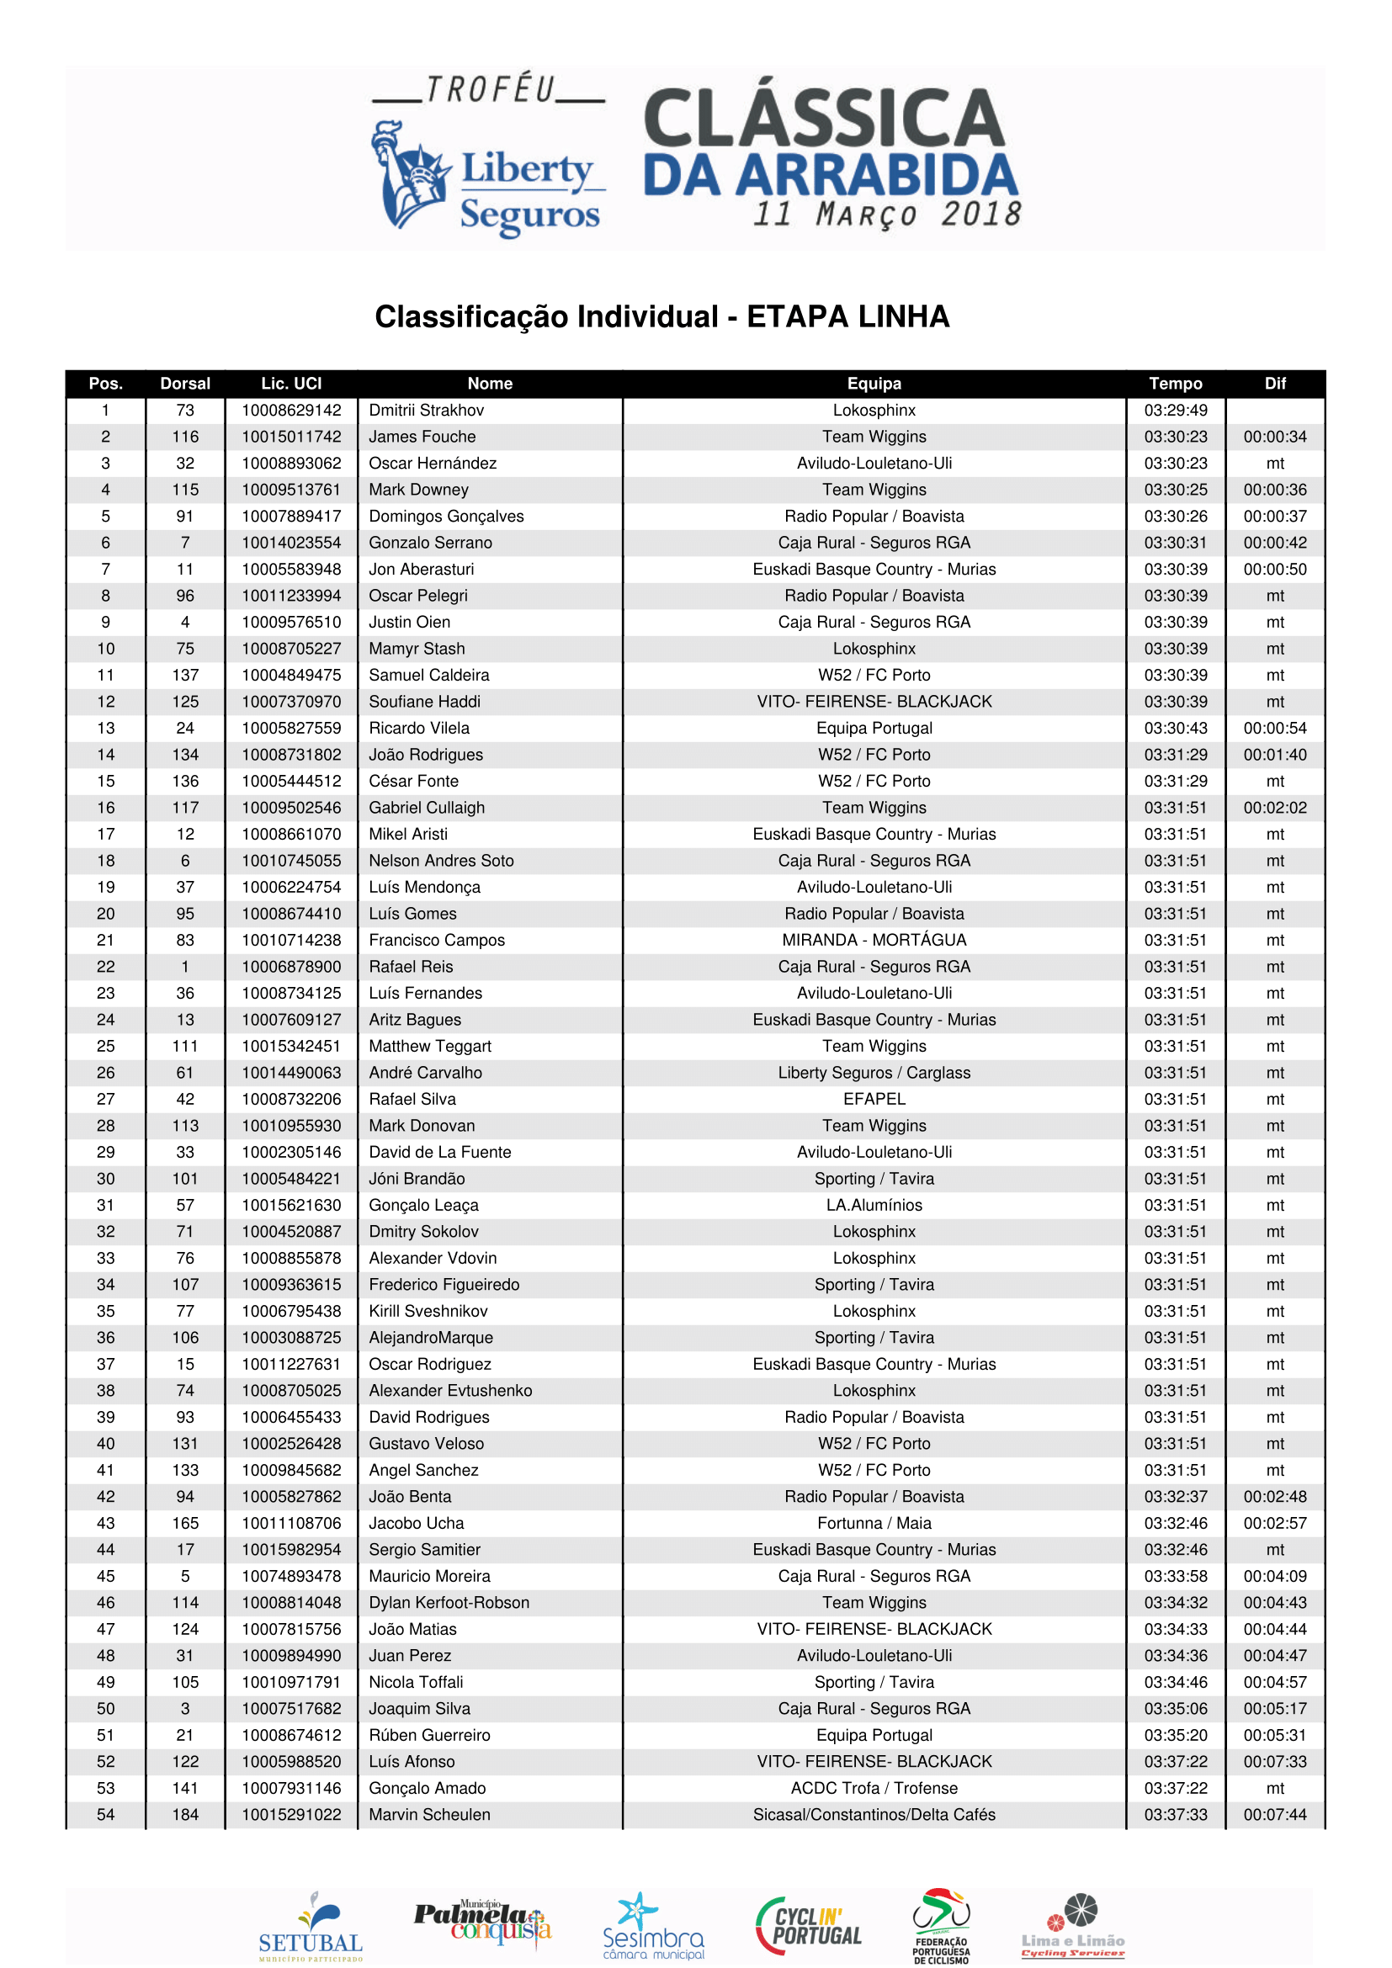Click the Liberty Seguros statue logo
click(410, 176)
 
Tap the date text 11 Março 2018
click(886, 215)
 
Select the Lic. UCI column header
click(291, 383)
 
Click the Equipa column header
click(874, 383)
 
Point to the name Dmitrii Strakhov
click(426, 411)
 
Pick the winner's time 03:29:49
click(1175, 411)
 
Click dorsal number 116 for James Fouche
click(185, 438)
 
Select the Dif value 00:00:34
click(1274, 438)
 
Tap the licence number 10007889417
click(291, 517)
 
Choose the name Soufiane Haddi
click(424, 702)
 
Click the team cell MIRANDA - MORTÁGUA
click(874, 941)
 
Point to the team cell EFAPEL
click(874, 1100)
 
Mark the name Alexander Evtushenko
click(450, 1391)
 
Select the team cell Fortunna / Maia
click(874, 1523)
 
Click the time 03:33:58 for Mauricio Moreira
click(1175, 1576)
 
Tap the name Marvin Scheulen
click(429, 1815)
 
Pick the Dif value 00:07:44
click(1274, 1815)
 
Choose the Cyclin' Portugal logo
click(808, 1926)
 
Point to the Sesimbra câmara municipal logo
click(653, 1927)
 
